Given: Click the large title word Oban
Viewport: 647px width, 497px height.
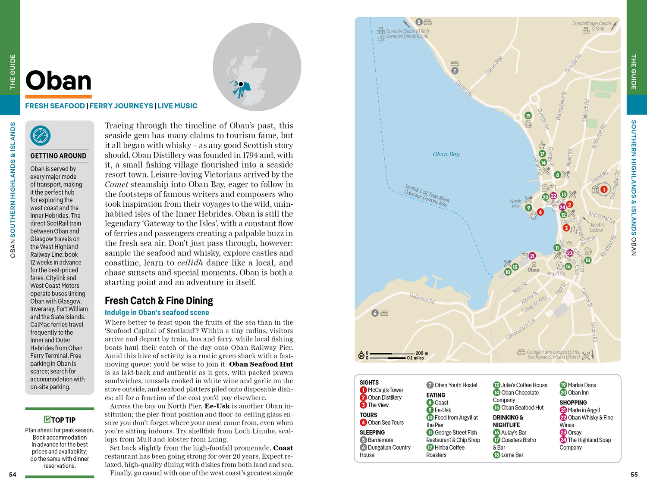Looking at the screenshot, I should tap(59, 81).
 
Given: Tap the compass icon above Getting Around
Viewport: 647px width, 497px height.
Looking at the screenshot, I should tap(41, 136).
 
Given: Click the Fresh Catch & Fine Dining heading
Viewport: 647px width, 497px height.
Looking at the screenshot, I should tap(159, 301).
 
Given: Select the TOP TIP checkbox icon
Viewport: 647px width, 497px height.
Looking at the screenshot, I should tap(47, 419).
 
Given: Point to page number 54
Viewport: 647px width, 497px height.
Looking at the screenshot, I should tap(13, 475).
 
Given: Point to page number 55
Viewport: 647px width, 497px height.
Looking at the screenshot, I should tap(634, 475).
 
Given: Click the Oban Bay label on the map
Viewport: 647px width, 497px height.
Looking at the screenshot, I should tap(446, 154).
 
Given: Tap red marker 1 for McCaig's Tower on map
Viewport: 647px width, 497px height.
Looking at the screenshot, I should tap(604, 189).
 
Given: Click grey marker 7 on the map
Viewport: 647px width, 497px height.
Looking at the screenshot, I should tap(455, 71).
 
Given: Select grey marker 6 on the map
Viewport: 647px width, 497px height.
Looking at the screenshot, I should tap(375, 313).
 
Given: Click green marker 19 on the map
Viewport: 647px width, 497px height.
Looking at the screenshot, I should tap(528, 115).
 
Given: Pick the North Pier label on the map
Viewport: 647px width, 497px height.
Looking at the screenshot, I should tap(515, 204).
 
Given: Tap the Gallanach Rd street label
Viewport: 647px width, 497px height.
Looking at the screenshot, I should tap(422, 298).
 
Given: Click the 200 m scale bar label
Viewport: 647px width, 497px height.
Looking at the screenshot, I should tap(422, 353).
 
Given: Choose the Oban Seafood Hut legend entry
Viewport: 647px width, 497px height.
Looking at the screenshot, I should tap(522, 407).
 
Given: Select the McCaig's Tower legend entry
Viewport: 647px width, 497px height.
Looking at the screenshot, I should tap(385, 390).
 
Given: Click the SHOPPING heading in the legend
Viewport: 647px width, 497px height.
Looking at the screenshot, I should tap(573, 403).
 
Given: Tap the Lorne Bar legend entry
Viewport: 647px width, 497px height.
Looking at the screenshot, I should tap(512, 455).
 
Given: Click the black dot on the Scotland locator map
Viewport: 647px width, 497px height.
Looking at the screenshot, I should tap(241, 84).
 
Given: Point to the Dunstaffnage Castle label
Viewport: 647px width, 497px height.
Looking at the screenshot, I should tap(591, 24).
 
